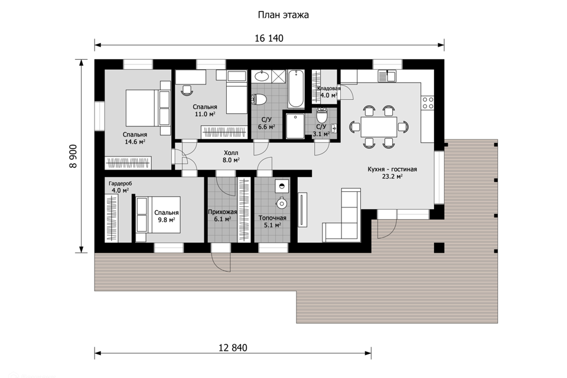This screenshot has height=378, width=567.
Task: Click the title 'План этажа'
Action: [283, 15]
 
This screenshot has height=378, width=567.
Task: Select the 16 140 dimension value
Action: [269, 38]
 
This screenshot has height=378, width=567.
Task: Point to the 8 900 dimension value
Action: [73, 157]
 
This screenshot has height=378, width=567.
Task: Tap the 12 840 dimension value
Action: [233, 348]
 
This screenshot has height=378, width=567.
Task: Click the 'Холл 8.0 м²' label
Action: [231, 157]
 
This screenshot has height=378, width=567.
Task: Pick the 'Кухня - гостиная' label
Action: [392, 170]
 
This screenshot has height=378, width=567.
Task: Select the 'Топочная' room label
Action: [272, 218]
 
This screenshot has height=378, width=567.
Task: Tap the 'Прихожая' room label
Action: [223, 212]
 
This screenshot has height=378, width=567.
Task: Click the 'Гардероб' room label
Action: [120, 184]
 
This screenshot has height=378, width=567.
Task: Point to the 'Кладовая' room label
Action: [329, 89]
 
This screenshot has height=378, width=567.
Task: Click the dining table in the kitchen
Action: [379, 126]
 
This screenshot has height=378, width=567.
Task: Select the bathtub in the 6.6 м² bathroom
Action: [296, 89]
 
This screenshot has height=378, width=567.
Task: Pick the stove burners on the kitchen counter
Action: [428, 103]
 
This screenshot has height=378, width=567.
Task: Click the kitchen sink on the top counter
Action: [387, 76]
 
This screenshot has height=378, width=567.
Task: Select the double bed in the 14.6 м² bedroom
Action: [148, 108]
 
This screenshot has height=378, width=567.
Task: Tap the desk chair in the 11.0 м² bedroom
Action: [187, 90]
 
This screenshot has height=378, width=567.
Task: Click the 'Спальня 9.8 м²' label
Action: [167, 216]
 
